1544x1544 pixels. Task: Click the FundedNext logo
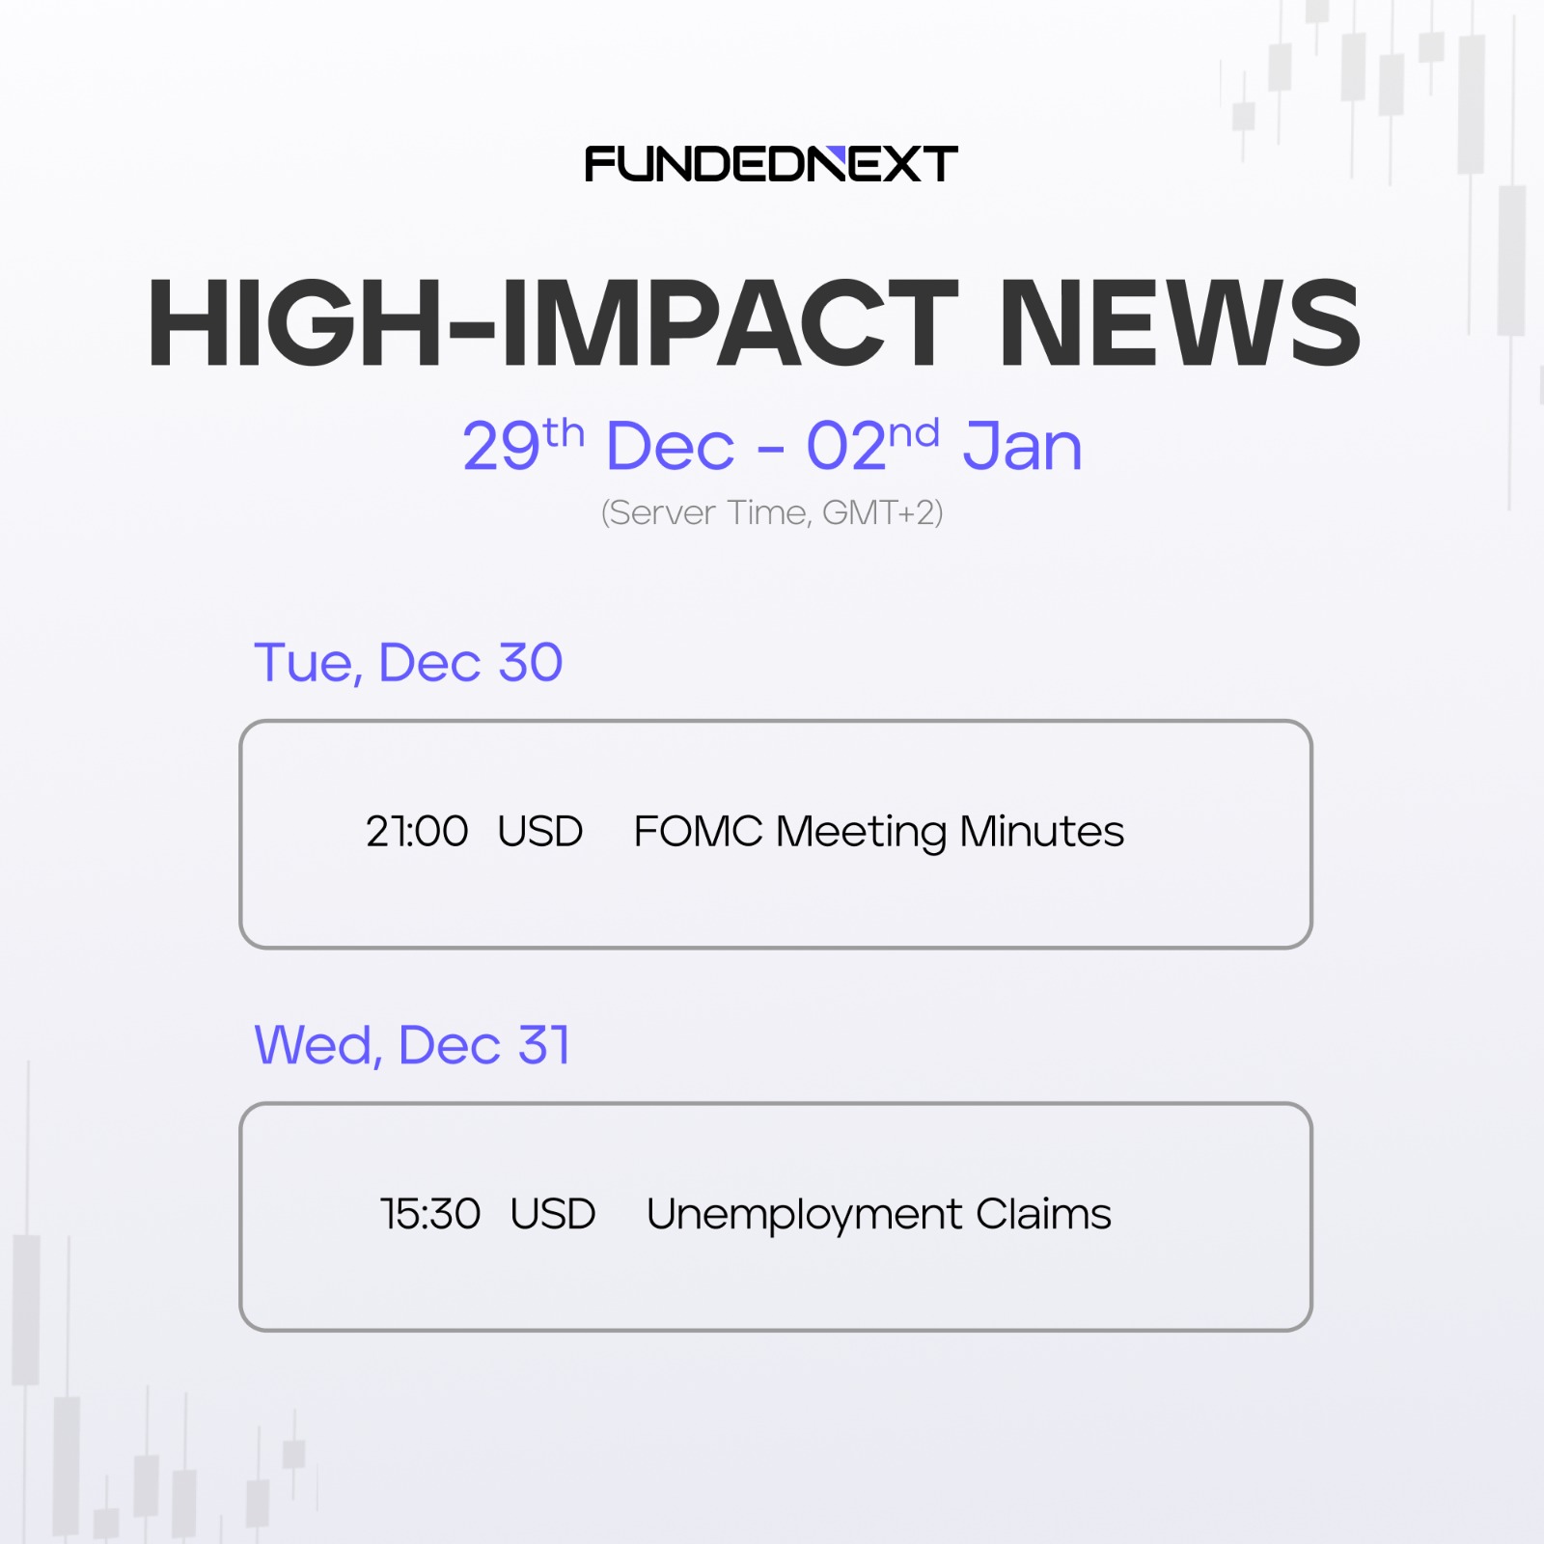[x=771, y=164]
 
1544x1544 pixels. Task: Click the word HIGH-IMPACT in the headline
[x=553, y=323]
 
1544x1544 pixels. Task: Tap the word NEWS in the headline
[x=1180, y=323]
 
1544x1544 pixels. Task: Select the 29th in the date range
[x=523, y=445]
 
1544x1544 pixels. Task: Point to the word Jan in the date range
[x=1022, y=446]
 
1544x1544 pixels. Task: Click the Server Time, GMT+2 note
[x=772, y=512]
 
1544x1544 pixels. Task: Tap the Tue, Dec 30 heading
[x=408, y=663]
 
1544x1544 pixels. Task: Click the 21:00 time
[x=417, y=831]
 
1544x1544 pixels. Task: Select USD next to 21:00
[x=540, y=831]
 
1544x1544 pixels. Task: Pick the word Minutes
[x=1042, y=831]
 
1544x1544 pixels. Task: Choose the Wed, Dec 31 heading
[x=412, y=1045]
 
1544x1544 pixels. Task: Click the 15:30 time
[x=430, y=1214]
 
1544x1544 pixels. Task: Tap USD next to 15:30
[x=553, y=1214]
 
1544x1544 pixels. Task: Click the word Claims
[x=1043, y=1214]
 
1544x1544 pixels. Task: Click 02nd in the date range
[x=872, y=445]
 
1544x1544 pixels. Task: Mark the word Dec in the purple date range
[x=670, y=446]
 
